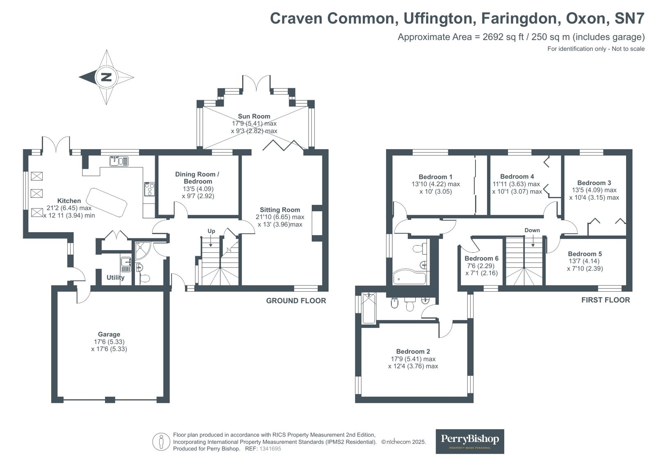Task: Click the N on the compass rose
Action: point(106,77)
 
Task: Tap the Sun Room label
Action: point(254,116)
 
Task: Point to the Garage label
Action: point(109,334)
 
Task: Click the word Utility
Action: point(115,277)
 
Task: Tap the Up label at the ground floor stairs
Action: point(211,231)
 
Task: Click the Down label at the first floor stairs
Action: point(532,230)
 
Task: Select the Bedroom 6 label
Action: point(481,258)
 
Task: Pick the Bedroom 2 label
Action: point(413,352)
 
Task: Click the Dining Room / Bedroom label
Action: point(197,178)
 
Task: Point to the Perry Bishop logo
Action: point(469,441)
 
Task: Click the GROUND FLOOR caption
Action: point(296,301)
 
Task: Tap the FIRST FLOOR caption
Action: point(605,300)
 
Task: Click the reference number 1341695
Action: point(270,449)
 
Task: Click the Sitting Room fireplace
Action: point(317,223)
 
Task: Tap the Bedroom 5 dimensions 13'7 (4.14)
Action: point(585,261)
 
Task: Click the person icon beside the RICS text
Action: point(161,442)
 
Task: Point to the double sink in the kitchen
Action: point(119,161)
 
